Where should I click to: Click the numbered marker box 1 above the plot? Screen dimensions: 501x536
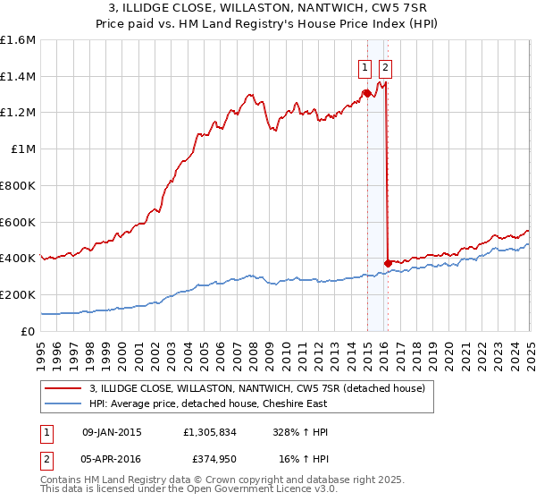coord(365,65)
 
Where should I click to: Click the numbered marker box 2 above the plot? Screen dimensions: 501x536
coord(385,65)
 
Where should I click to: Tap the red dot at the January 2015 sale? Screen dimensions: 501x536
coord(367,93)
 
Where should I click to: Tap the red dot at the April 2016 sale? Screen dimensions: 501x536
coord(388,262)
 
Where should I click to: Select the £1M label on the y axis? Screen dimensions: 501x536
coord(23,149)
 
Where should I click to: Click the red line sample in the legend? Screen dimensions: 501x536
coord(63,388)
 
